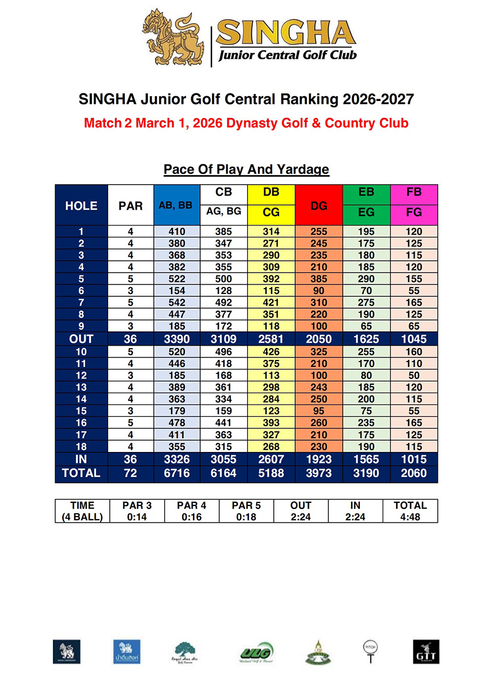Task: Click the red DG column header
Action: [x=319, y=205]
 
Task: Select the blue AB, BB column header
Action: [x=176, y=205]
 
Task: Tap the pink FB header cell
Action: [x=414, y=192]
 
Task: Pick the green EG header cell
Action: [x=366, y=212]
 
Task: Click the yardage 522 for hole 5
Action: [x=176, y=279]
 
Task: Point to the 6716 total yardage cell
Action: [x=176, y=473]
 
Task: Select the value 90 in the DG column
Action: [x=319, y=290]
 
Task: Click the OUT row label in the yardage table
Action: [x=81, y=338]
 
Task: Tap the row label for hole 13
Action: [x=81, y=387]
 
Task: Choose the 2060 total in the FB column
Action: [x=414, y=473]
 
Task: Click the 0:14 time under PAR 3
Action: [x=137, y=516]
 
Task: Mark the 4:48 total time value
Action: [x=410, y=516]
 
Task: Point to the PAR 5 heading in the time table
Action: [x=246, y=505]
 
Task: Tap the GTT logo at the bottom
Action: [x=426, y=651]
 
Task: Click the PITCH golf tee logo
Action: [x=369, y=650]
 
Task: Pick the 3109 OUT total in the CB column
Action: [x=224, y=338]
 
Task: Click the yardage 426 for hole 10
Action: [x=271, y=351]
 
